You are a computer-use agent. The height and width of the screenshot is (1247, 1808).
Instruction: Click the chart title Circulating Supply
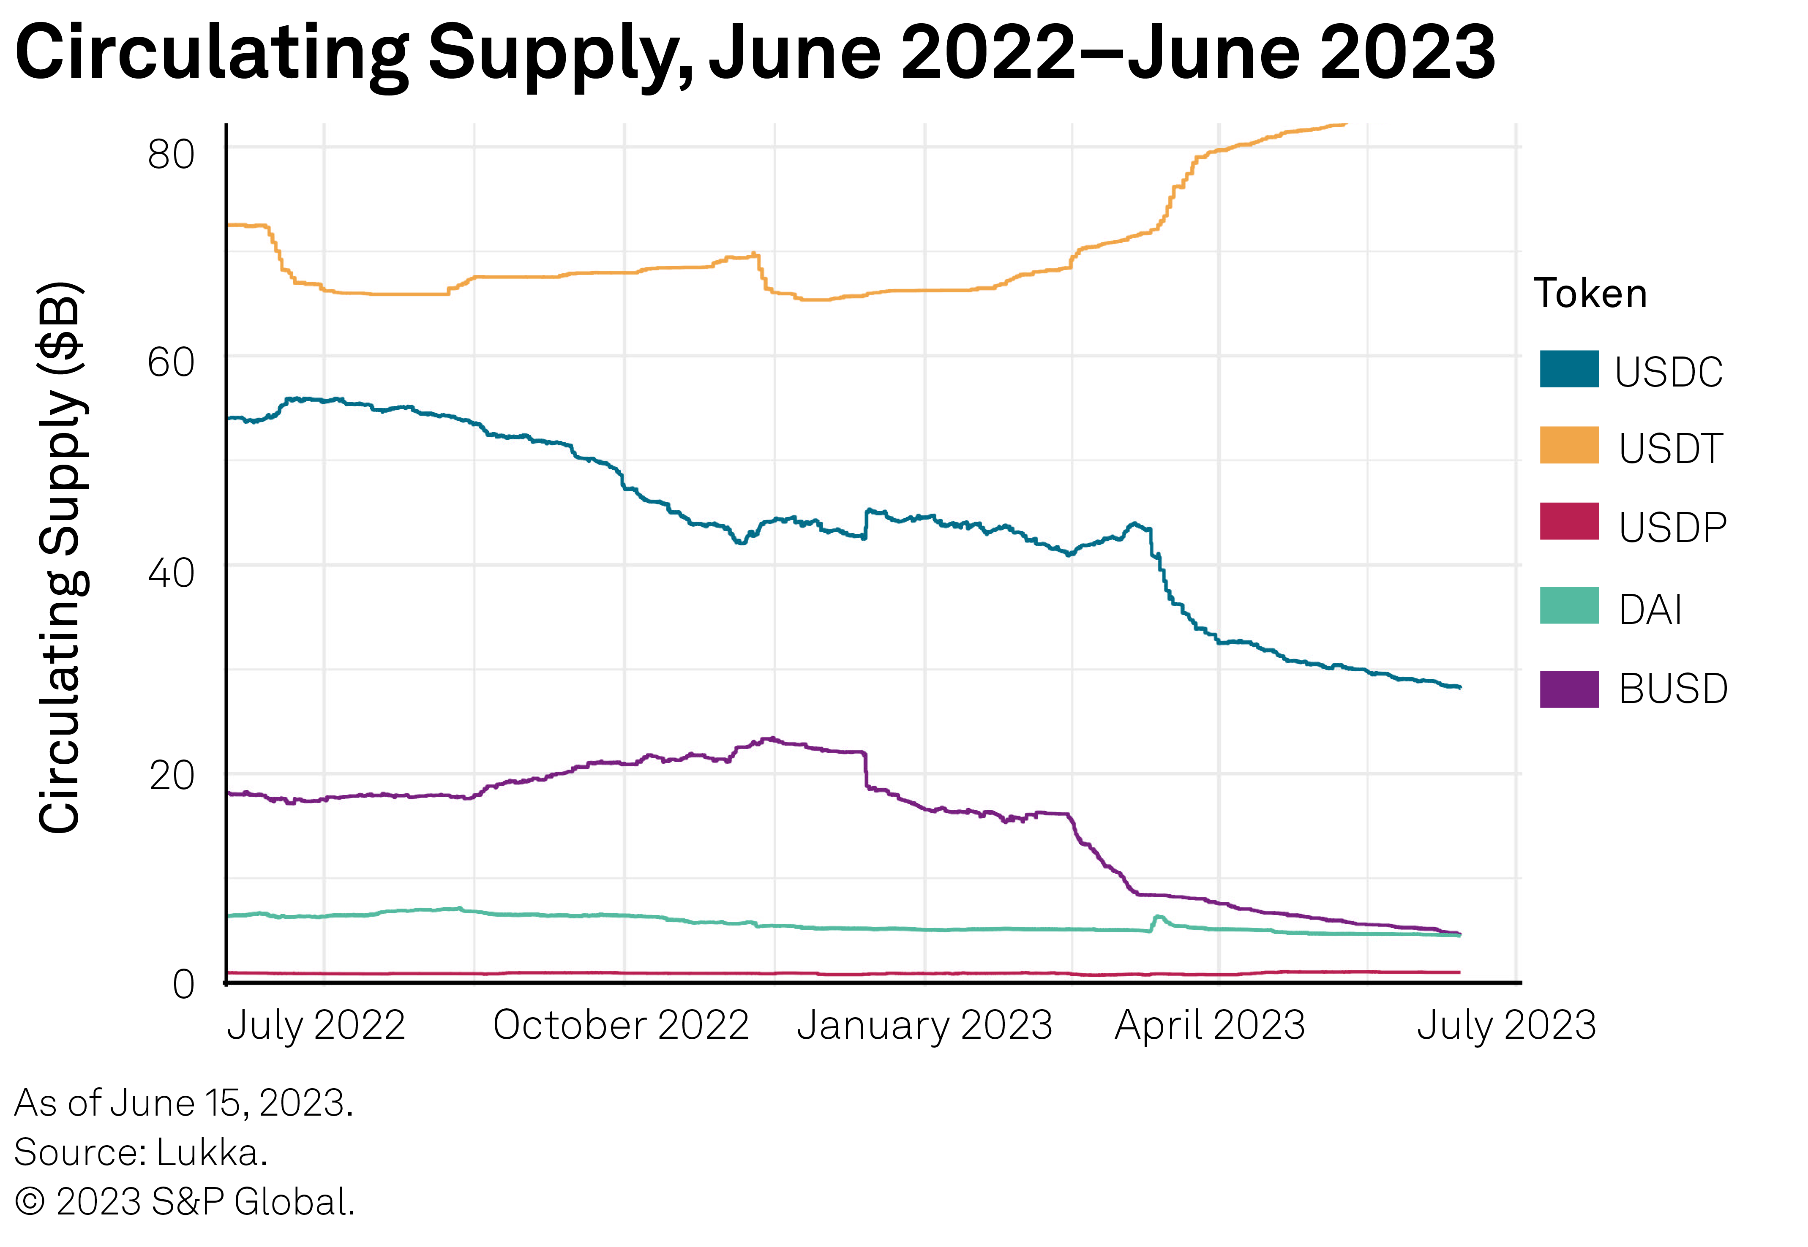coord(754,53)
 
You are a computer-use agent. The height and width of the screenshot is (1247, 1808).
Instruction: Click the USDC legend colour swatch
coord(1569,370)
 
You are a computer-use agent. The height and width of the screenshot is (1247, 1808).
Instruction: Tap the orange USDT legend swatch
coord(1569,445)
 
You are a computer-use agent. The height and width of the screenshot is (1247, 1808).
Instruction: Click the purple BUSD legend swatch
coord(1569,689)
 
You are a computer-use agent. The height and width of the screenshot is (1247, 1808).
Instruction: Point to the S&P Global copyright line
coord(185,1202)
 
